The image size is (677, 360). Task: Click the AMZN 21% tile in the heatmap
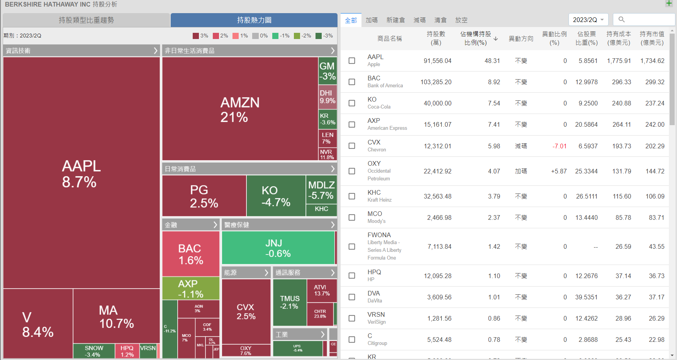pyautogui.click(x=240, y=109)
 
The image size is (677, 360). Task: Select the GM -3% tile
pyautogui.click(x=327, y=71)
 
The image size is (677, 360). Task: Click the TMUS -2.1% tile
pyautogui.click(x=290, y=302)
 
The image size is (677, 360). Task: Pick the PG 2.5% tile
pyautogui.click(x=204, y=196)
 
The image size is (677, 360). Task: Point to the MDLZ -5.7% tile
pyautogui.click(x=321, y=190)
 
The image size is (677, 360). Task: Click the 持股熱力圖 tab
pyautogui.click(x=254, y=20)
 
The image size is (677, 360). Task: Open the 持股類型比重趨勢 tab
pyautogui.click(x=86, y=20)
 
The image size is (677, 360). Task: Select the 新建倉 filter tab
pyautogui.click(x=395, y=20)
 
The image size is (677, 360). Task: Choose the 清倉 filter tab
pyautogui.click(x=440, y=20)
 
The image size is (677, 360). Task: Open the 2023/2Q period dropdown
pyautogui.click(x=588, y=20)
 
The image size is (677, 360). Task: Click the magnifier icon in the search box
pyautogui.click(x=621, y=19)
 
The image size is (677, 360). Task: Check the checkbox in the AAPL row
pyautogui.click(x=352, y=61)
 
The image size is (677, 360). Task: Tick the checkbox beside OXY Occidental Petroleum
pyautogui.click(x=352, y=171)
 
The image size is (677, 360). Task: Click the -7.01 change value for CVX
pyautogui.click(x=559, y=146)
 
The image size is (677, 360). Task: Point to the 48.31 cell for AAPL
pyautogui.click(x=492, y=61)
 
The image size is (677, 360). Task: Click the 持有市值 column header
pyautogui.click(x=652, y=38)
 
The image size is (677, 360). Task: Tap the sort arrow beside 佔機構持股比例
pyautogui.click(x=496, y=39)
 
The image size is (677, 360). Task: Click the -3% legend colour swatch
pyautogui.click(x=319, y=36)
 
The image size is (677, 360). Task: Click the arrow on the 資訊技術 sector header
pyautogui.click(x=155, y=51)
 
